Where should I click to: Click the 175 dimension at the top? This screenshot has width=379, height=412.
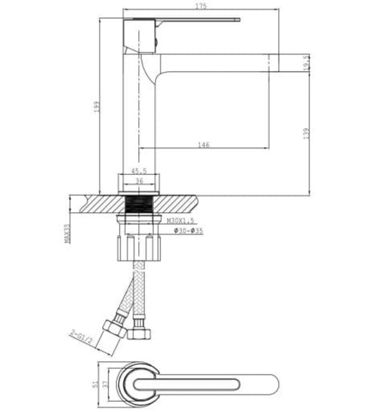(x=200, y=6)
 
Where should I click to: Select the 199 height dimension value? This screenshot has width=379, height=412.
(x=96, y=107)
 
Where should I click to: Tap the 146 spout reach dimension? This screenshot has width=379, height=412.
(x=204, y=144)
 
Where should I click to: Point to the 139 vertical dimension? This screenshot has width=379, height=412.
(x=306, y=134)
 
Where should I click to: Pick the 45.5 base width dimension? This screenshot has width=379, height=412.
(x=139, y=171)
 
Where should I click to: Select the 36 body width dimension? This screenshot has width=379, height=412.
(x=139, y=181)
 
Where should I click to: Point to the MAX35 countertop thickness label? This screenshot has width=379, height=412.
(x=67, y=233)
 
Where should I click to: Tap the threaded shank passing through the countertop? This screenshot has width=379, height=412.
(x=139, y=206)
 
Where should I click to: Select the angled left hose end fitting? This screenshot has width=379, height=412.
(x=114, y=328)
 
